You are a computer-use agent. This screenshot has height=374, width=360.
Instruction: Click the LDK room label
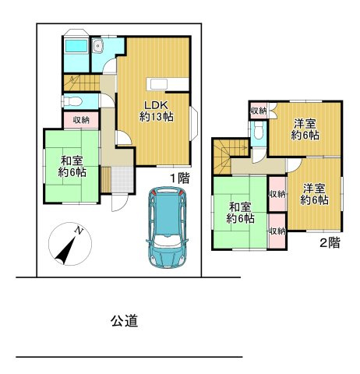157,111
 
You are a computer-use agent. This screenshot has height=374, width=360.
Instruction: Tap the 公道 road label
124,321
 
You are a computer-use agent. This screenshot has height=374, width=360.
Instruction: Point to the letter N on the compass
79,230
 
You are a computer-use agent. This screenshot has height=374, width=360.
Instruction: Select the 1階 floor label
180,178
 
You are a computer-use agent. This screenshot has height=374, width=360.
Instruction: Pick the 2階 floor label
330,243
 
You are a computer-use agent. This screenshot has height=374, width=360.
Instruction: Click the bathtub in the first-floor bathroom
76,46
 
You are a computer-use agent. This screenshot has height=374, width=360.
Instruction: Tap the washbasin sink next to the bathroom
98,47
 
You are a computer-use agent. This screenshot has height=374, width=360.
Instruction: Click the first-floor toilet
72,101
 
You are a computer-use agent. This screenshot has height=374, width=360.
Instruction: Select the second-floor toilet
258,131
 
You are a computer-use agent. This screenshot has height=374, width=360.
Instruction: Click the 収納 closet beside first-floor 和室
81,120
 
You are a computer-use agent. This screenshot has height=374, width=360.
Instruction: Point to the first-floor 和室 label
72,166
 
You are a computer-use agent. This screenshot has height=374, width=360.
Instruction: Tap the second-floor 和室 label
240,213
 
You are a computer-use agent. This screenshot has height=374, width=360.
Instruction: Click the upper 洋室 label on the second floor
305,129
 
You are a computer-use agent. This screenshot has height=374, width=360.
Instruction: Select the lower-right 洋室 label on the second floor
314,194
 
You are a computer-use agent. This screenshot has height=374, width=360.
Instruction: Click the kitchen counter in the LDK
168,84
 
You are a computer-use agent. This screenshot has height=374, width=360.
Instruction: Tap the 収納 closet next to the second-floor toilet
259,111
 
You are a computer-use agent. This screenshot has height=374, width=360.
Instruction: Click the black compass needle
65,251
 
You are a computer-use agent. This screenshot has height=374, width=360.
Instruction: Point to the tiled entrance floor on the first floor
122,179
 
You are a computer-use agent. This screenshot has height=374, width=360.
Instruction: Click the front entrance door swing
119,203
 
